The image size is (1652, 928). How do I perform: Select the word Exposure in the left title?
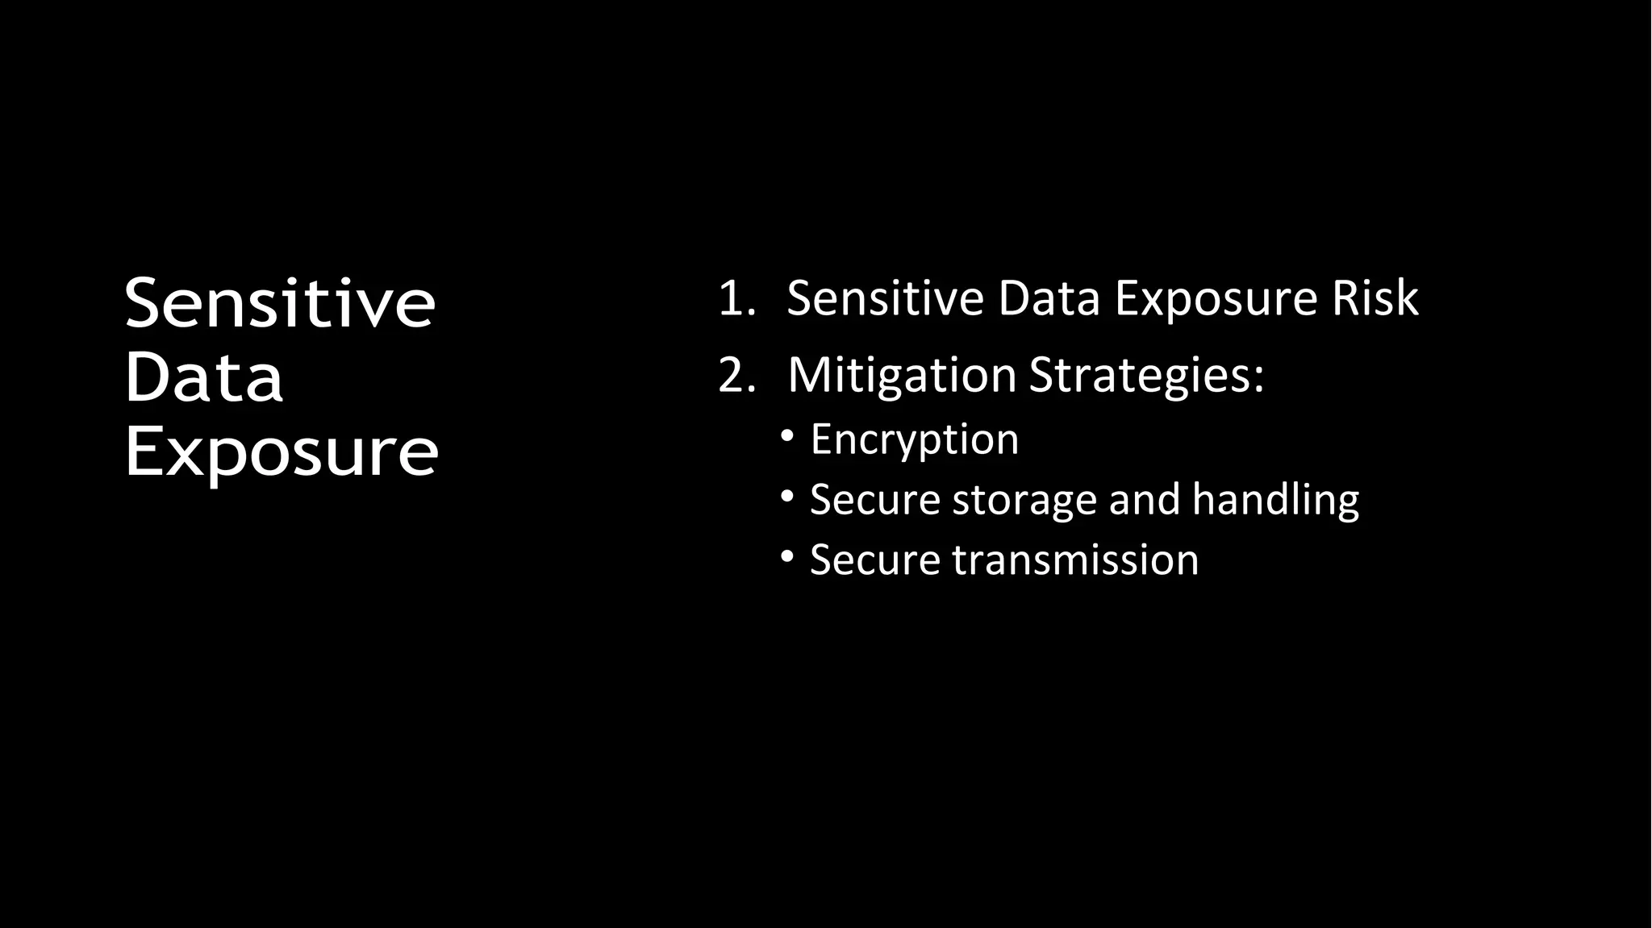click(x=282, y=453)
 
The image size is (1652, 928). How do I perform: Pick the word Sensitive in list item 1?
click(x=885, y=298)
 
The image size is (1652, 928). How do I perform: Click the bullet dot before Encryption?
click(x=788, y=437)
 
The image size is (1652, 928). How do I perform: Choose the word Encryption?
click(x=914, y=440)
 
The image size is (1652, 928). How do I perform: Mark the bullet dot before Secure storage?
click(x=788, y=497)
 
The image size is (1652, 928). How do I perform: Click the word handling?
click(x=1275, y=500)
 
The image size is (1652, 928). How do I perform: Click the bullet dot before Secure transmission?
click(x=788, y=558)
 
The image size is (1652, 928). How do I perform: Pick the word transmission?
click(x=1075, y=560)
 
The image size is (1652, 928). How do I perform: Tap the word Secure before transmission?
click(x=874, y=560)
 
